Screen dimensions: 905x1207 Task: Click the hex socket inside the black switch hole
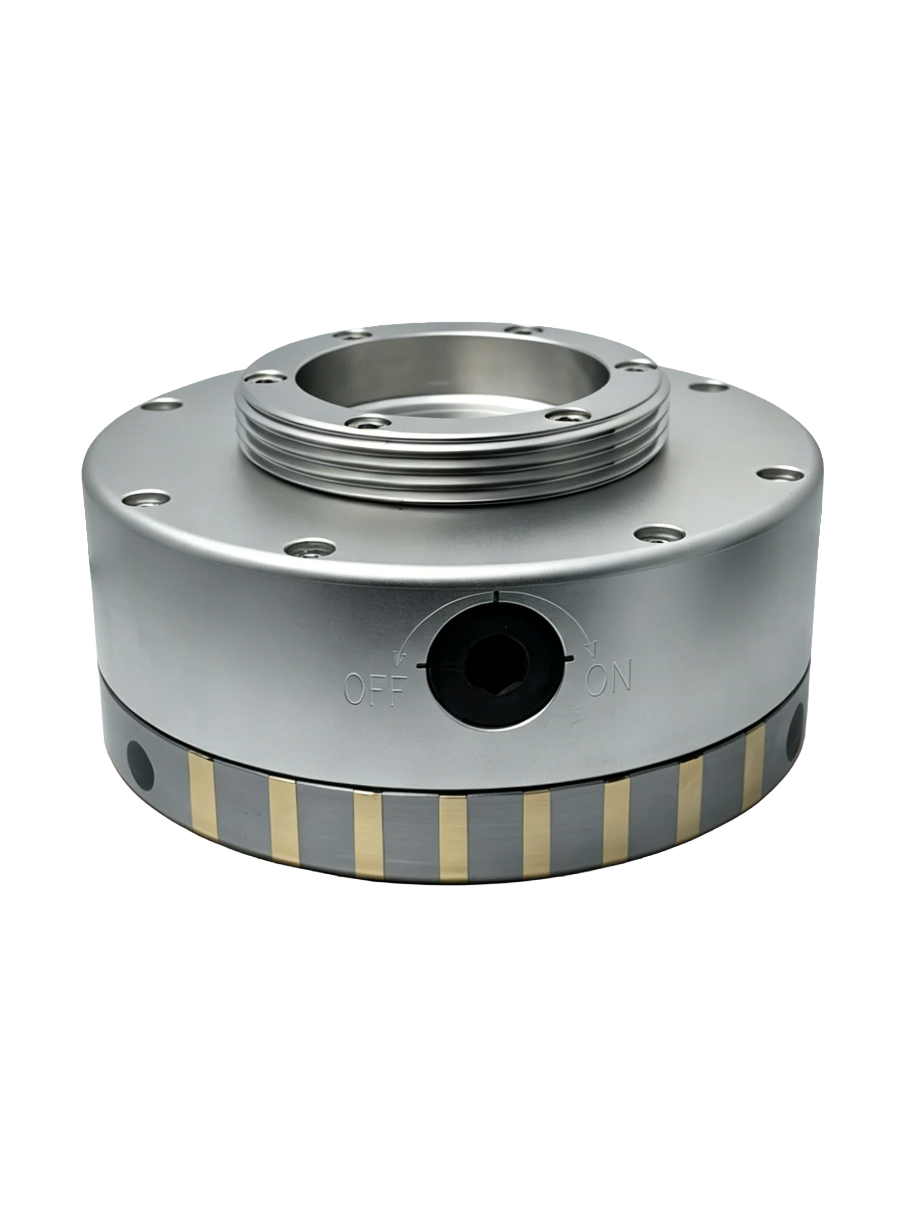point(494,677)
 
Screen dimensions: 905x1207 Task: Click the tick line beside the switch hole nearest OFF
point(423,665)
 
